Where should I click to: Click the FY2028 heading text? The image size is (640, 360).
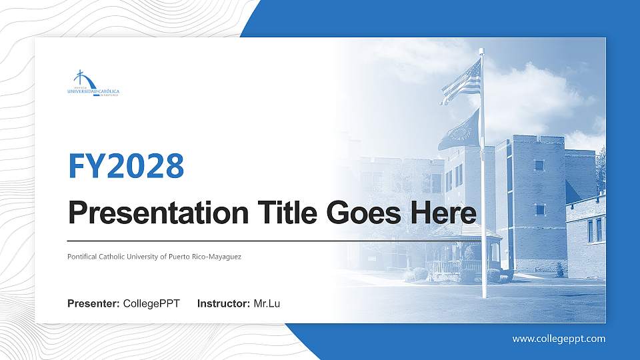pos(126,166)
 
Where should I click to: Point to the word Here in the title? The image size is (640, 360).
pos(443,213)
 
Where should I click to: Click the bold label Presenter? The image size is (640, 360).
pos(93,304)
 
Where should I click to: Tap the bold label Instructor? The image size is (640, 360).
pos(224,304)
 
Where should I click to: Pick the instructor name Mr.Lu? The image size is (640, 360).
pos(267,304)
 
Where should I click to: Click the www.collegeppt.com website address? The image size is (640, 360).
pos(559,339)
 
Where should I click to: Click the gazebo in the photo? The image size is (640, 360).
pos(465,250)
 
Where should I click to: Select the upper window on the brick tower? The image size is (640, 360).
pos(539,165)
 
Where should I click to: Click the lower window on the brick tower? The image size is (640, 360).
pos(539,209)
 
